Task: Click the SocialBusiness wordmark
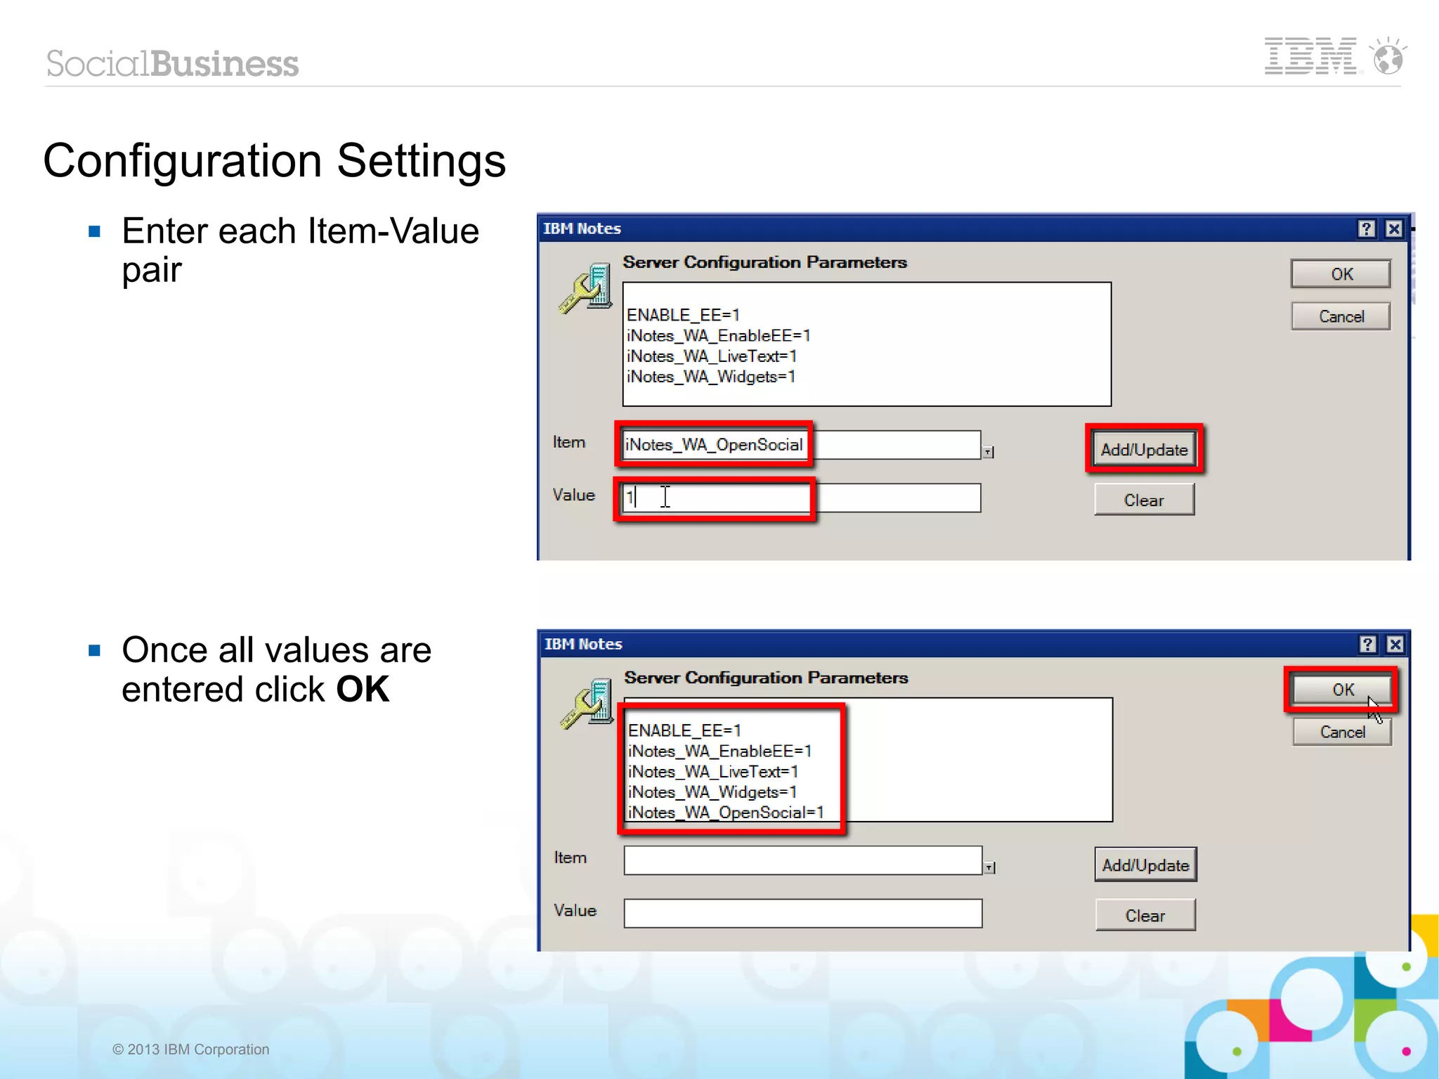[172, 64]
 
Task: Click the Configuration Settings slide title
[274, 161]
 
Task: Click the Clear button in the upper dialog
[1143, 500]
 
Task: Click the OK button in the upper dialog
[1340, 274]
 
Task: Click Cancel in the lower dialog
[1341, 732]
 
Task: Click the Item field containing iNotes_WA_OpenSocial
[714, 445]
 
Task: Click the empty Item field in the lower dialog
[802, 860]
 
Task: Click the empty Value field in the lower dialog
[802, 913]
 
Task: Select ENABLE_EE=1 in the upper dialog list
[682, 315]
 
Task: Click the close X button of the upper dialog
[1394, 229]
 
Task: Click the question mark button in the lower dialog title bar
[1367, 645]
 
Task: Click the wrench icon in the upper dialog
[585, 289]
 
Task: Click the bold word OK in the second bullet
[363, 690]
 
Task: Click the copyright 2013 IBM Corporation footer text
[190, 1049]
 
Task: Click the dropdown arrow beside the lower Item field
[989, 868]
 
